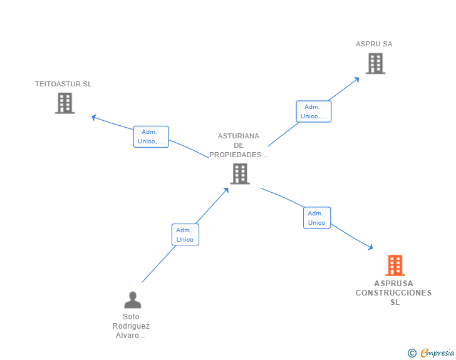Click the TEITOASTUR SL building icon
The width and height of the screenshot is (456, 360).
tap(65, 103)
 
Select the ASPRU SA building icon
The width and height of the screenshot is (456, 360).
tap(375, 63)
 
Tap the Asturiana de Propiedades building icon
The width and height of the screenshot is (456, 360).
tap(240, 173)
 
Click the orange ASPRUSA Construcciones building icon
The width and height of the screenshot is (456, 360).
tap(395, 265)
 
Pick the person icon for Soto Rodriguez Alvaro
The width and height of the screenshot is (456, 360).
tap(132, 301)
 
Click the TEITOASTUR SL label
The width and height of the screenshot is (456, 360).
tap(63, 84)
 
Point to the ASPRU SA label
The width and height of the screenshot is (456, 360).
tap(374, 44)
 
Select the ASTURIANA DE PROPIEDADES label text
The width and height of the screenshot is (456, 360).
tap(239, 145)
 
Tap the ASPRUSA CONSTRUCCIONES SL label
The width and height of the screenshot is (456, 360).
tap(394, 293)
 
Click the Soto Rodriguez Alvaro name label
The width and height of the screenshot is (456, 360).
tap(131, 326)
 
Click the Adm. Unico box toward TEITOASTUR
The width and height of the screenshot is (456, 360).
tap(150, 136)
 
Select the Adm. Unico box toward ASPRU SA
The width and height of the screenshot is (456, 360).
tap(313, 111)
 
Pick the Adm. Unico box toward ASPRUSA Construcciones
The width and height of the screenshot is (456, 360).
tap(317, 218)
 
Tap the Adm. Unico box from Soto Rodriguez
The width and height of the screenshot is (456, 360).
tap(185, 235)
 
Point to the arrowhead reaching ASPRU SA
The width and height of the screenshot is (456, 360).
tap(357, 79)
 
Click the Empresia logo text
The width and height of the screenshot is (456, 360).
tap(437, 353)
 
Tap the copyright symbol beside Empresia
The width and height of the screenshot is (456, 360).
tap(412, 354)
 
